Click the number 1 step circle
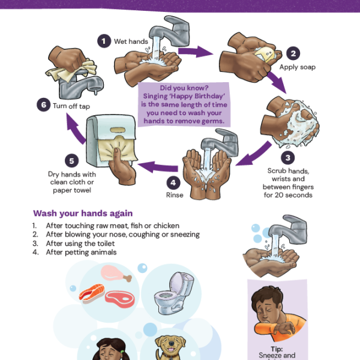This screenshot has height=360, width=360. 104,40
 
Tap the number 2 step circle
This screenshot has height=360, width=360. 292,53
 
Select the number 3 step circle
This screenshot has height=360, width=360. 288,158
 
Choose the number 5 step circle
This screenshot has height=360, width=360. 71,161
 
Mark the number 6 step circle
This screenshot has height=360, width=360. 42,105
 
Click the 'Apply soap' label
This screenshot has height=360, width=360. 297,67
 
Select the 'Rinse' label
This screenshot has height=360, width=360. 174,196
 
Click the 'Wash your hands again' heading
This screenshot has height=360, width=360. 83,213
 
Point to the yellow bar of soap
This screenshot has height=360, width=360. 266,55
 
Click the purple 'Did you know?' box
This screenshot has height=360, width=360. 184,104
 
